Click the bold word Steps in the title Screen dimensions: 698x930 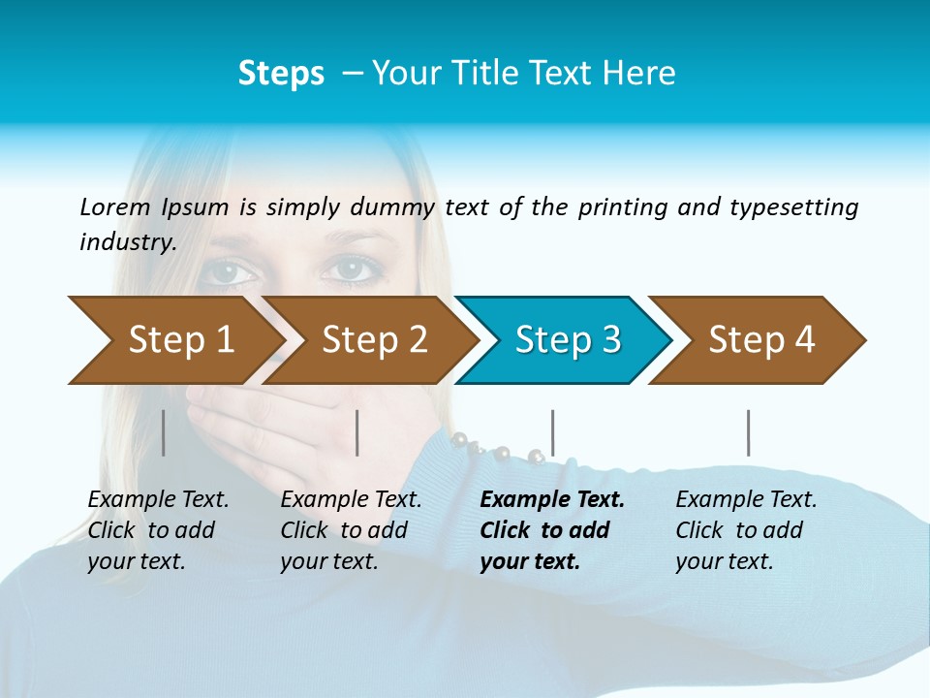281,74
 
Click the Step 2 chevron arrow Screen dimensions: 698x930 368,340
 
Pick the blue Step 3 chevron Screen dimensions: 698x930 562,340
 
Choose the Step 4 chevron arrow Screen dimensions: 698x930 756,340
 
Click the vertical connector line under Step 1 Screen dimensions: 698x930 164,432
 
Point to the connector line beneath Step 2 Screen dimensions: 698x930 357,432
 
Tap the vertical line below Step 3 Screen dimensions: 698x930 553,432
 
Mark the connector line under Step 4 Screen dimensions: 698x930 748,432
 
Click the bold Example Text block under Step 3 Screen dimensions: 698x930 550,530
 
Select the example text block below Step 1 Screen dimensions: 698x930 157,530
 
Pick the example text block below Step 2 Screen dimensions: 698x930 350,530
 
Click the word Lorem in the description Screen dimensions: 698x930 115,207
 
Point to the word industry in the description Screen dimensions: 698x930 126,242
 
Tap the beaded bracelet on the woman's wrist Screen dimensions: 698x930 494,450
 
